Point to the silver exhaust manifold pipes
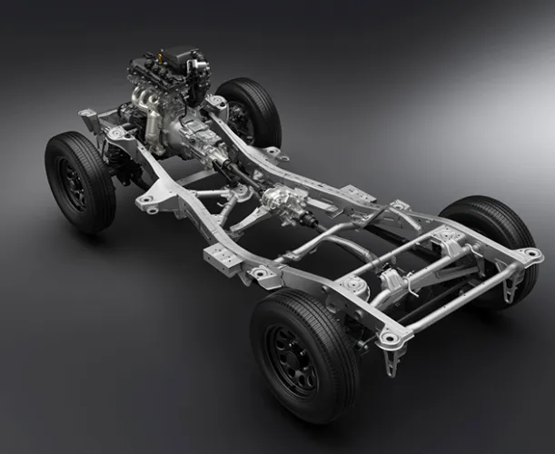pyautogui.click(x=144, y=100)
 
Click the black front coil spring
pyautogui.click(x=118, y=164)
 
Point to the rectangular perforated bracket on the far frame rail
pyautogui.click(x=357, y=194)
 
